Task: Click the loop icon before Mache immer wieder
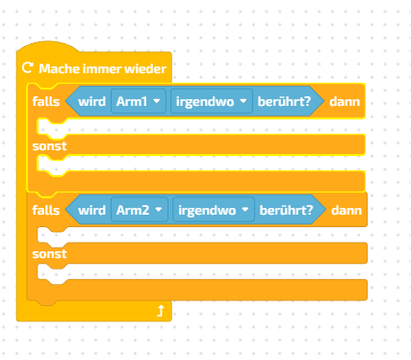(27, 68)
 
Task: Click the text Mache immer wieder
(102, 68)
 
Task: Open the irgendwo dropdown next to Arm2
(213, 209)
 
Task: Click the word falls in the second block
(45, 209)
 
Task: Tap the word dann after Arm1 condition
(345, 101)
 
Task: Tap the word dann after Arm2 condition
(347, 209)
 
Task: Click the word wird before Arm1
(91, 101)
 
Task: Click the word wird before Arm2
(91, 209)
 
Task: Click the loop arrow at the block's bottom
(161, 310)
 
